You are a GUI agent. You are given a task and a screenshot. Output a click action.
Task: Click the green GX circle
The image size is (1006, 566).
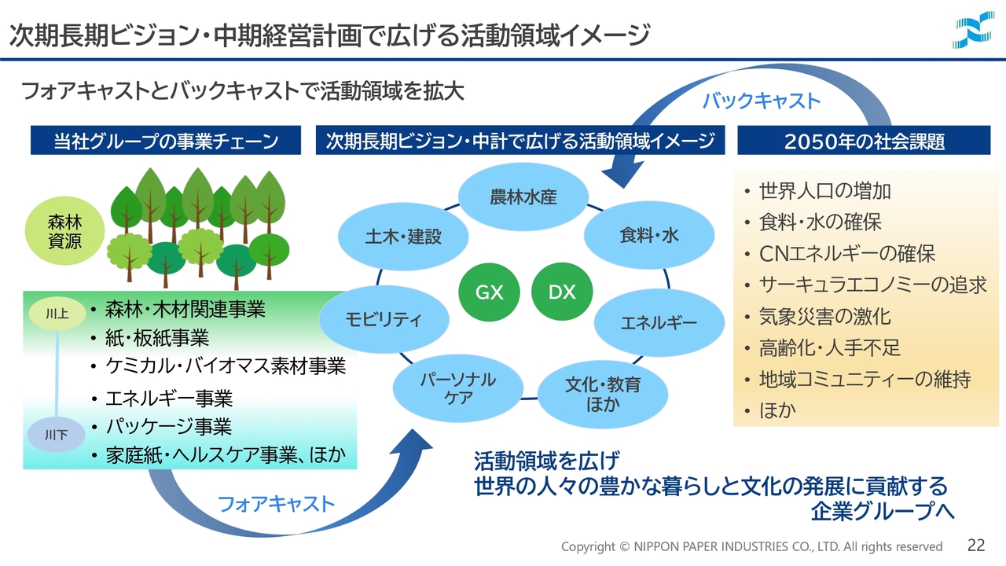click(490, 292)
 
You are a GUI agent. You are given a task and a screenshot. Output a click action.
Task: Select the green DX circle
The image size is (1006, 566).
click(562, 292)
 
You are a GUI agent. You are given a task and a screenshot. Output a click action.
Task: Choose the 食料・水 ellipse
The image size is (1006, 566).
click(649, 235)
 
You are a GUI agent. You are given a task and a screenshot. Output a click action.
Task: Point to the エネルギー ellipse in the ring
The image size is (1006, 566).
click(659, 322)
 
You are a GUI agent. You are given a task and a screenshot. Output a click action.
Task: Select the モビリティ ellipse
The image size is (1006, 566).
click(384, 319)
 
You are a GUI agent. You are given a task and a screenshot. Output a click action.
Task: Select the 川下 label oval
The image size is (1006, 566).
click(57, 435)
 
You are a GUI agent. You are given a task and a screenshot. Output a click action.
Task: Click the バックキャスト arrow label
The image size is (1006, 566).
click(761, 101)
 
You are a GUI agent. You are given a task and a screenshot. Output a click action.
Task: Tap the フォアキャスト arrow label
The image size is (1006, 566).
click(276, 504)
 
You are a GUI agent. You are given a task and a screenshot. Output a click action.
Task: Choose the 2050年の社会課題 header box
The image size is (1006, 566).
click(865, 141)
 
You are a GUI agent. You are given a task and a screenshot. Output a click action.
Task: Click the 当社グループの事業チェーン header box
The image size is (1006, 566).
click(166, 141)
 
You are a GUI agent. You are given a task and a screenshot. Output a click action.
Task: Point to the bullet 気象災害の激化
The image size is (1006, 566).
click(824, 317)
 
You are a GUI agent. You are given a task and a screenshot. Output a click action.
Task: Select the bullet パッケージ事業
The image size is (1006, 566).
click(168, 427)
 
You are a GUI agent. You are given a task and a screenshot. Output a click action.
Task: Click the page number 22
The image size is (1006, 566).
click(976, 545)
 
